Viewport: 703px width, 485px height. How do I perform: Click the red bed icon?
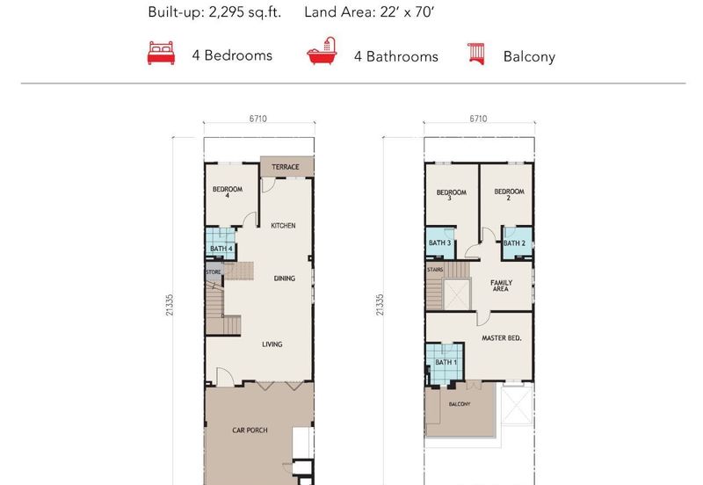pos(161,53)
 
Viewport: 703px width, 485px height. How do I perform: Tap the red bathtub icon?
pos(322,51)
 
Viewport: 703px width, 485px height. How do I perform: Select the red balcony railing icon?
pos(476,54)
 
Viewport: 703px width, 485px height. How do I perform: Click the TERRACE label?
pos(285,167)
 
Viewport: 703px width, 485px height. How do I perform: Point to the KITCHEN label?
pos(283,226)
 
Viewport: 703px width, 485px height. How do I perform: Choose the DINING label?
pos(284,279)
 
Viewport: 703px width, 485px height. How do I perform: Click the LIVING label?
pos(272,344)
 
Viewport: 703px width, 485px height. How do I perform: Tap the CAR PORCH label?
pos(250,431)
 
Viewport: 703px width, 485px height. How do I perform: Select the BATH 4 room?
pos(221,243)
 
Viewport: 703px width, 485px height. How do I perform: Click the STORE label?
pos(214,272)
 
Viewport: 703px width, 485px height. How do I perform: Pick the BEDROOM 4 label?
pos(228,192)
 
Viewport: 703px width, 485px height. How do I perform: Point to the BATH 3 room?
pos(440,242)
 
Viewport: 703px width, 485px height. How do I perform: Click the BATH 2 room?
pos(517,243)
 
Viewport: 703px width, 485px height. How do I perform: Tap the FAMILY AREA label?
pos(501,286)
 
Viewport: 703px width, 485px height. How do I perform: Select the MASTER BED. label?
pos(501,338)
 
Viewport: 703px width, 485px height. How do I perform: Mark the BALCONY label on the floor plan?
pos(460,404)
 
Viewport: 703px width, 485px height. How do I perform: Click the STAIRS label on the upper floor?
pos(435,270)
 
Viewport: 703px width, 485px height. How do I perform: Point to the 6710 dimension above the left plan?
pos(257,119)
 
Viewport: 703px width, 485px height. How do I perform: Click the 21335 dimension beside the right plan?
pos(380,305)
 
